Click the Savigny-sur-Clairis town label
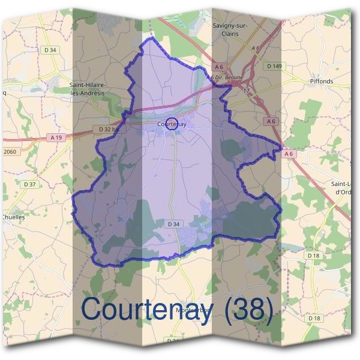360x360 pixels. [x=230, y=29]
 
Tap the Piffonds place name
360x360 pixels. [x=321, y=81]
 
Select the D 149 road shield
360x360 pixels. [x=274, y=65]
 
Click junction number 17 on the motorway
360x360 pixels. [x=246, y=91]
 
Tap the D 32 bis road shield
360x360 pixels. [x=109, y=129]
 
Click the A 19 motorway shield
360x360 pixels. [x=56, y=137]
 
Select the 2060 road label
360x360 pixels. [x=10, y=152]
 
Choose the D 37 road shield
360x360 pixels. [x=29, y=184]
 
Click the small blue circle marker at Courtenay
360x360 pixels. [x=171, y=124]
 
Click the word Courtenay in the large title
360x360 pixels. [x=146, y=310]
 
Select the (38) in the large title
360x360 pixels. [x=248, y=310]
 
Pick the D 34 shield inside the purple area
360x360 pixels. [x=173, y=224]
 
